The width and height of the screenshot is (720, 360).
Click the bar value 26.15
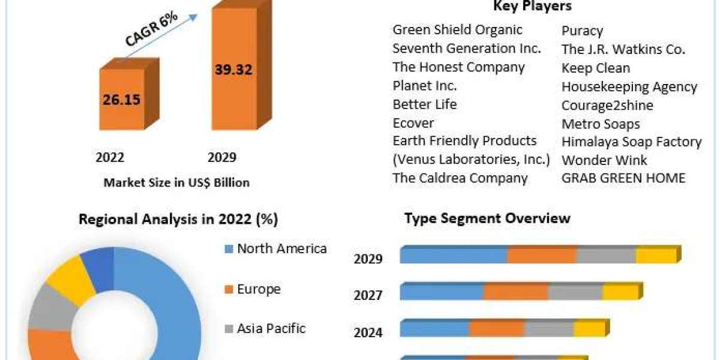[122, 99]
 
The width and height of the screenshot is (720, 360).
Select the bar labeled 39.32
[233, 70]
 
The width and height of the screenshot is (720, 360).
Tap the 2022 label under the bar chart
[110, 157]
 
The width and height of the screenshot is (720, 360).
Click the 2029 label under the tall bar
[222, 157]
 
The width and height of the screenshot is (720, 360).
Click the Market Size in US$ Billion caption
[176, 182]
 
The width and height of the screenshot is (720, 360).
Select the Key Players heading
[532, 7]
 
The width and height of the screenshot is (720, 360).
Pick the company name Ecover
[413, 123]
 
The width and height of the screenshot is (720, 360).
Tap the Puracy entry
[582, 31]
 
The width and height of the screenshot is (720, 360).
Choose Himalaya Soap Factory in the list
[631, 142]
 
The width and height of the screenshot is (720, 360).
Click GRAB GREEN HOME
[623, 178]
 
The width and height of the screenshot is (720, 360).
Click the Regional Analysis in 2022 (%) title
[178, 220]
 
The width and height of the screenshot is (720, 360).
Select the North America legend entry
[281, 248]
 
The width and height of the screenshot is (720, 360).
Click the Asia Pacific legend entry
[271, 328]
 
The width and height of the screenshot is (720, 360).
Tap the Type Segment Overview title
[487, 218]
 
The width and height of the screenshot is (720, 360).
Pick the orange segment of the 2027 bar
[516, 292]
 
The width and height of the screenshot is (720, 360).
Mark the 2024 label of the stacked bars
[368, 332]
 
